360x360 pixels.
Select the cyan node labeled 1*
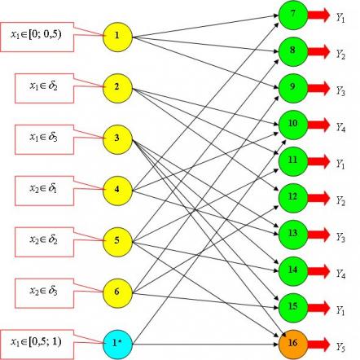click(x=117, y=344)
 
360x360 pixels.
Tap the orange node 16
click(x=293, y=344)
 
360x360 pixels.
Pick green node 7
click(x=293, y=15)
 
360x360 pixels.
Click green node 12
click(x=293, y=198)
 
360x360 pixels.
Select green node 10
click(x=293, y=125)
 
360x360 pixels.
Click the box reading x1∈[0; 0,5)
click(x=37, y=37)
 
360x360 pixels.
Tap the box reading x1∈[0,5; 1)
click(x=37, y=344)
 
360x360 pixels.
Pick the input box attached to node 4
click(x=44, y=191)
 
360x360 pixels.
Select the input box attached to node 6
click(x=44, y=293)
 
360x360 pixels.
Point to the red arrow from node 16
click(x=318, y=344)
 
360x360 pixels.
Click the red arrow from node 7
click(x=318, y=15)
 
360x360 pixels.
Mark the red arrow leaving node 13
click(x=318, y=235)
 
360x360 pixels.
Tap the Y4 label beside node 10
click(x=340, y=127)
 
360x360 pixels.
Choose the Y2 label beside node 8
click(x=340, y=54)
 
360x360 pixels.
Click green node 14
click(x=293, y=271)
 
